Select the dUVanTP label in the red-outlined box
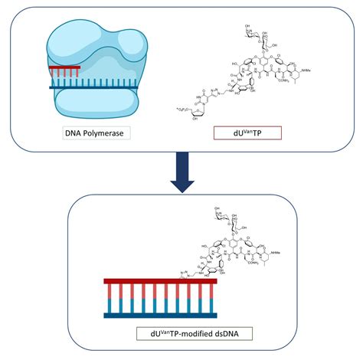(x=237, y=133)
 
